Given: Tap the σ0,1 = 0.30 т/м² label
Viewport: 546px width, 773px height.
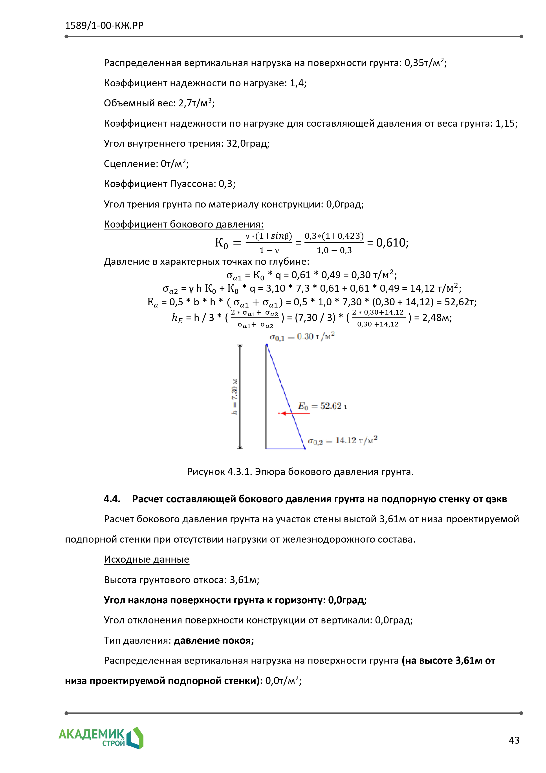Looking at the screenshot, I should coord(302,337).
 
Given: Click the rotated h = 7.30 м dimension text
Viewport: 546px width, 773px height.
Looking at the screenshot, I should coord(234,397).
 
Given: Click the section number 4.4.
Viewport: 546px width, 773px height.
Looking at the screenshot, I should coord(112,499).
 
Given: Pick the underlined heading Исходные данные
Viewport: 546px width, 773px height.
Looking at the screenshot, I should coord(146,559).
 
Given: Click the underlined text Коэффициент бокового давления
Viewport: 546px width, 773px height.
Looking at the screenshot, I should coord(183,224).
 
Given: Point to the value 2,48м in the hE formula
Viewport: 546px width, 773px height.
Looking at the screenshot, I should coord(437,317).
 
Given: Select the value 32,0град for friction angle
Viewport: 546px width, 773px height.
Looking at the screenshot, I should coord(248,143).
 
